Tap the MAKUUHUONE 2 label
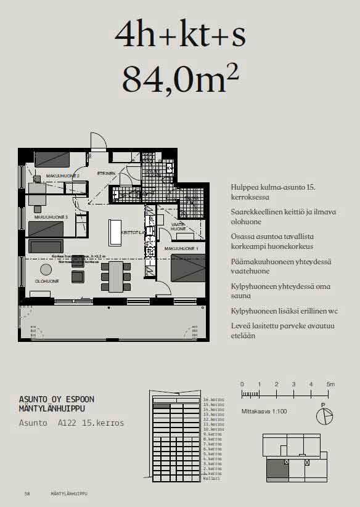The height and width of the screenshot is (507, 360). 57,176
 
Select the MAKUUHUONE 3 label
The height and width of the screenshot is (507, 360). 51,217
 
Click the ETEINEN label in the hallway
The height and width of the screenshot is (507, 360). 105,174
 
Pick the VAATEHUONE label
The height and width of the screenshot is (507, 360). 179,227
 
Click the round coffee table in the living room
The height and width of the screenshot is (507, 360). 46,269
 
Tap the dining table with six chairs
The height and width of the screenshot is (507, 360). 117,277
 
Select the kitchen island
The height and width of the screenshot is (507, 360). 116,232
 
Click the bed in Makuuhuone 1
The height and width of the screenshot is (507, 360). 187,267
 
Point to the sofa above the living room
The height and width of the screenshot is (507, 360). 46,246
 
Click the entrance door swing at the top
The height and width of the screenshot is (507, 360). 98,142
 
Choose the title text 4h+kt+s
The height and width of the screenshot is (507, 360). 180,34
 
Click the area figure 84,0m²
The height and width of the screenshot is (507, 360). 180,79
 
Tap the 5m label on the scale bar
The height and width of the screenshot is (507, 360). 330,384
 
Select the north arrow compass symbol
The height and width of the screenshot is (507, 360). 324,416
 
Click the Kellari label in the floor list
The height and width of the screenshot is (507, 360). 211,478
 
